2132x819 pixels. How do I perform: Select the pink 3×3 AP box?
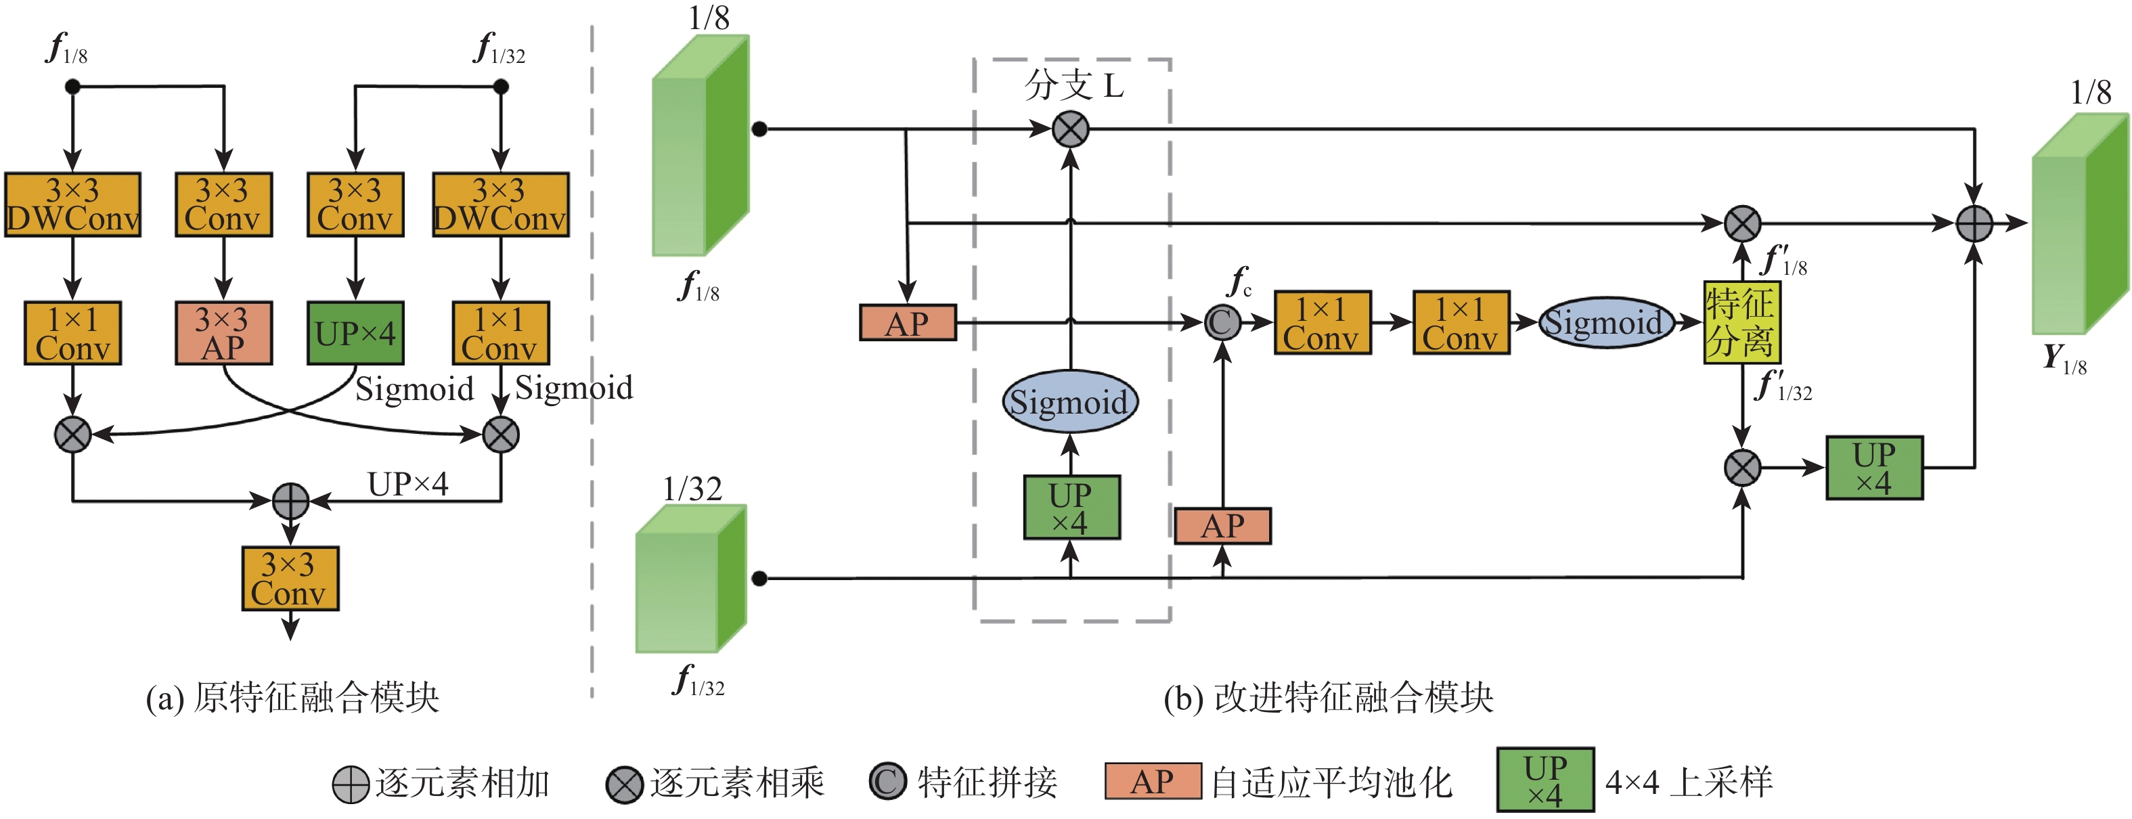point(223,332)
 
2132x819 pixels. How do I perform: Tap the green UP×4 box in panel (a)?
point(355,332)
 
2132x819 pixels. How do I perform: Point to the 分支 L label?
point(1073,85)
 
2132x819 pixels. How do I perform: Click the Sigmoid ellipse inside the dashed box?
point(1070,402)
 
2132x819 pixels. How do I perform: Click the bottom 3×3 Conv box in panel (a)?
point(290,578)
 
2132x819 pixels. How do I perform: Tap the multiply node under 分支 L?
point(1070,130)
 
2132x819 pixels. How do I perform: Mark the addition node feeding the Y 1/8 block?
point(1974,223)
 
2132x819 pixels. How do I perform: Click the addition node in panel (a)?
point(290,500)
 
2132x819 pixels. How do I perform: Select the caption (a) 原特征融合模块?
point(292,697)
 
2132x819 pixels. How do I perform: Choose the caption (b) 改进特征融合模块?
point(1327,697)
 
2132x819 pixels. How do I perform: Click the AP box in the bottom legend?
point(1152,781)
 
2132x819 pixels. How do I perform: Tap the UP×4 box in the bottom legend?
point(1545,780)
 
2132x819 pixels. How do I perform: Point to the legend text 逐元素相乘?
point(736,782)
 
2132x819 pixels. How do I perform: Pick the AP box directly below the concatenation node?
point(1222,526)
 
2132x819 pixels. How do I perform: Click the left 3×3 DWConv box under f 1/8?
point(73,204)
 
